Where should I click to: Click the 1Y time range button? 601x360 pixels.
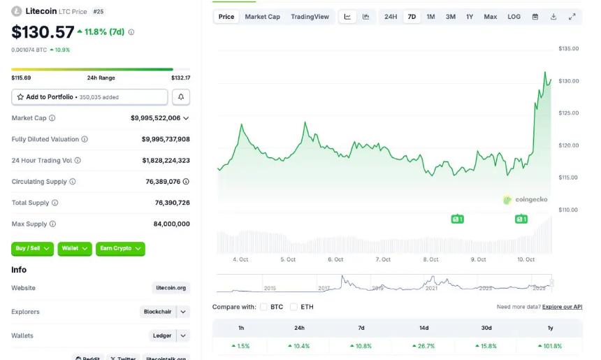470,17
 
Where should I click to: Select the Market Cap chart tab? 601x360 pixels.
262,17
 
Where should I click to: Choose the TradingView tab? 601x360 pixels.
310,17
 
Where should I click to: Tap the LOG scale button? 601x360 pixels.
514,17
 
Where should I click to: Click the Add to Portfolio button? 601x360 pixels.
89,97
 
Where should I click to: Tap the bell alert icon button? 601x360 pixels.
181,97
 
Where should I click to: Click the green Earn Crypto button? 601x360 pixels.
121,248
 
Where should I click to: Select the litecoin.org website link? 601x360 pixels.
171,288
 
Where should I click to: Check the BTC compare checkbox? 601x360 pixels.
264,307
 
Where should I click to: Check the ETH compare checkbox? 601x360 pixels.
294,307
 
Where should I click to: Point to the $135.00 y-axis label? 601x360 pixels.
569,49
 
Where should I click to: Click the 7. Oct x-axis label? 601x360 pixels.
382,259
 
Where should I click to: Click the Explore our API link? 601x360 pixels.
562,307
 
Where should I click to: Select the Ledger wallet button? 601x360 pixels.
162,336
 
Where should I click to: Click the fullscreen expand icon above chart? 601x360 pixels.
572,17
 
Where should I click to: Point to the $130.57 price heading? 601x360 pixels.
42,32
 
